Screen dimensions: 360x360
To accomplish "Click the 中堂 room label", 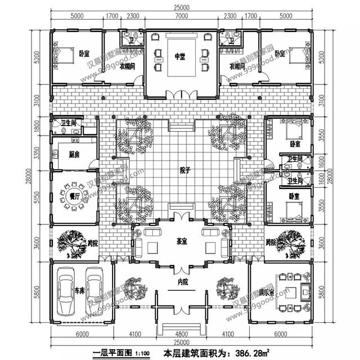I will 179,56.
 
